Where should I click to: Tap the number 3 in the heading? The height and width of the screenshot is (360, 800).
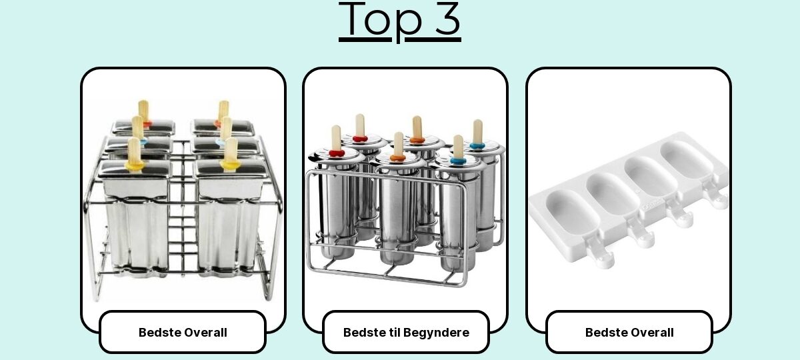(447, 19)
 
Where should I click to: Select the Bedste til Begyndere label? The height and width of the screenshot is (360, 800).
(406, 333)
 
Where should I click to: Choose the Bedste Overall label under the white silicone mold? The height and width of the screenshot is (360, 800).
(629, 333)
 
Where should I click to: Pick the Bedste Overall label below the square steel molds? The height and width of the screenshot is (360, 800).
(183, 333)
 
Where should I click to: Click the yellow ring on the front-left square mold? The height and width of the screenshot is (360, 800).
(135, 165)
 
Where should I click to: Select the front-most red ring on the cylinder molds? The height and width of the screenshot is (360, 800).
(337, 153)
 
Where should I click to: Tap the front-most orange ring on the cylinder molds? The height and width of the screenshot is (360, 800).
(397, 157)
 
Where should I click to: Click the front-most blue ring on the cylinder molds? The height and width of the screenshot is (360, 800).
(458, 161)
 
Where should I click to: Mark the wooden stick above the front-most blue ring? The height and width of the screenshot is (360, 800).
(458, 147)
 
